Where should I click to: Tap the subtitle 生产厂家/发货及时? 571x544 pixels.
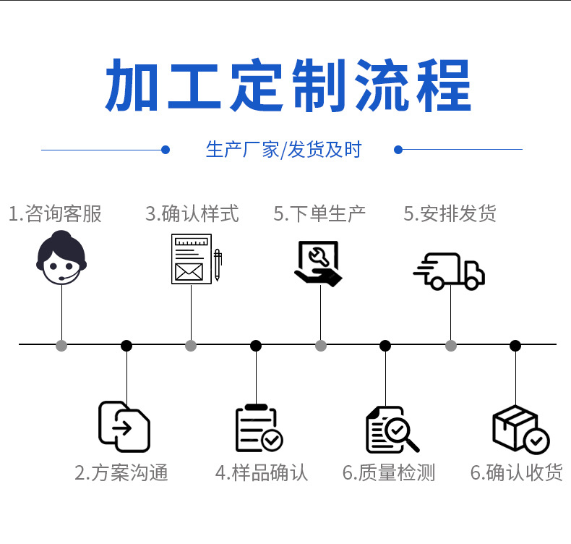coord(283,150)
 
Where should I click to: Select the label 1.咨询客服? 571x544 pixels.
coord(55,213)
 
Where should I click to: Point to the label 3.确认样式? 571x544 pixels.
coord(192,213)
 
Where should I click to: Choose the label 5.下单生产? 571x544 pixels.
coord(319,213)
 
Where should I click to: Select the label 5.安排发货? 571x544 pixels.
coord(450,213)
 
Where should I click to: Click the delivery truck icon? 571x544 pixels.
coord(449,271)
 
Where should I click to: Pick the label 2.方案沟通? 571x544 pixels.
coord(121,473)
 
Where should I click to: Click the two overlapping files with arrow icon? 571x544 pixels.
coord(124,426)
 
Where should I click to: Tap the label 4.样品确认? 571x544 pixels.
coord(262,473)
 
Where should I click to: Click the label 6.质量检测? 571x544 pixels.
coord(389,473)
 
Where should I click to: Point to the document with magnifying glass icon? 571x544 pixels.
coord(391,430)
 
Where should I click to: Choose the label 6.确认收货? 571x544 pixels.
coord(516,473)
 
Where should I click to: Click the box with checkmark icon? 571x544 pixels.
coord(520,430)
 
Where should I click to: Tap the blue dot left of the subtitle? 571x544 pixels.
coord(166,150)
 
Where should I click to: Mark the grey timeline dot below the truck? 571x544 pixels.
coord(451,346)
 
